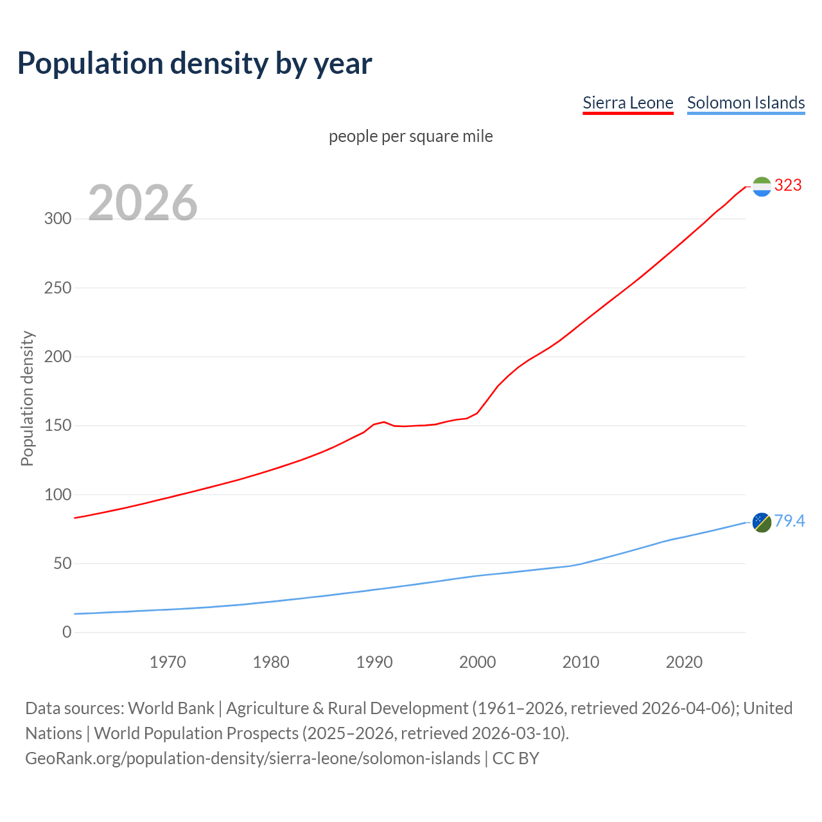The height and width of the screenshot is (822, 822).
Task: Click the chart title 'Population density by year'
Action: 195,63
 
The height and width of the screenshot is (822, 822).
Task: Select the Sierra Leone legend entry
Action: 627,103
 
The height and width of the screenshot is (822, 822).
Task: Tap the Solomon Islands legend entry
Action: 746,103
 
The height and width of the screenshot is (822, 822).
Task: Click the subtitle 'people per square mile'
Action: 410,137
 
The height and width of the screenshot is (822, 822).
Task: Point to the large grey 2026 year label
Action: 143,203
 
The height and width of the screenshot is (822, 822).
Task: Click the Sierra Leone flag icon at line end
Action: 761,186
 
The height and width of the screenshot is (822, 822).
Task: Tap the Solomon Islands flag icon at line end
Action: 761,522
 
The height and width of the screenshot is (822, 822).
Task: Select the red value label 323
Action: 788,186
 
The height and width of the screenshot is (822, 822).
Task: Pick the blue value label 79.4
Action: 789,521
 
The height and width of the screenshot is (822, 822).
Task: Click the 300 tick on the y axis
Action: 57,219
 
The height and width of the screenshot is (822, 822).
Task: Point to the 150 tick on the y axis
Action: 57,426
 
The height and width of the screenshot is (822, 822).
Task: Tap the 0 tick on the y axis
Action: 67,633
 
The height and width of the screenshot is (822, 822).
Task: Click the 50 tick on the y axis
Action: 62,564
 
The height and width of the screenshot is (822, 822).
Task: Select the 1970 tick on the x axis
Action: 168,662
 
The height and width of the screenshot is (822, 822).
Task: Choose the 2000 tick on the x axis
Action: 477,662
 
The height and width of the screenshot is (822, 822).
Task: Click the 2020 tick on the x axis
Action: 684,662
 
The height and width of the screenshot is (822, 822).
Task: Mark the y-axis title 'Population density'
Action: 27,398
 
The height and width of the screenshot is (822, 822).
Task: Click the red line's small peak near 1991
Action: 384,422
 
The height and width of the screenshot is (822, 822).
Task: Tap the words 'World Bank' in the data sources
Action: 171,708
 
